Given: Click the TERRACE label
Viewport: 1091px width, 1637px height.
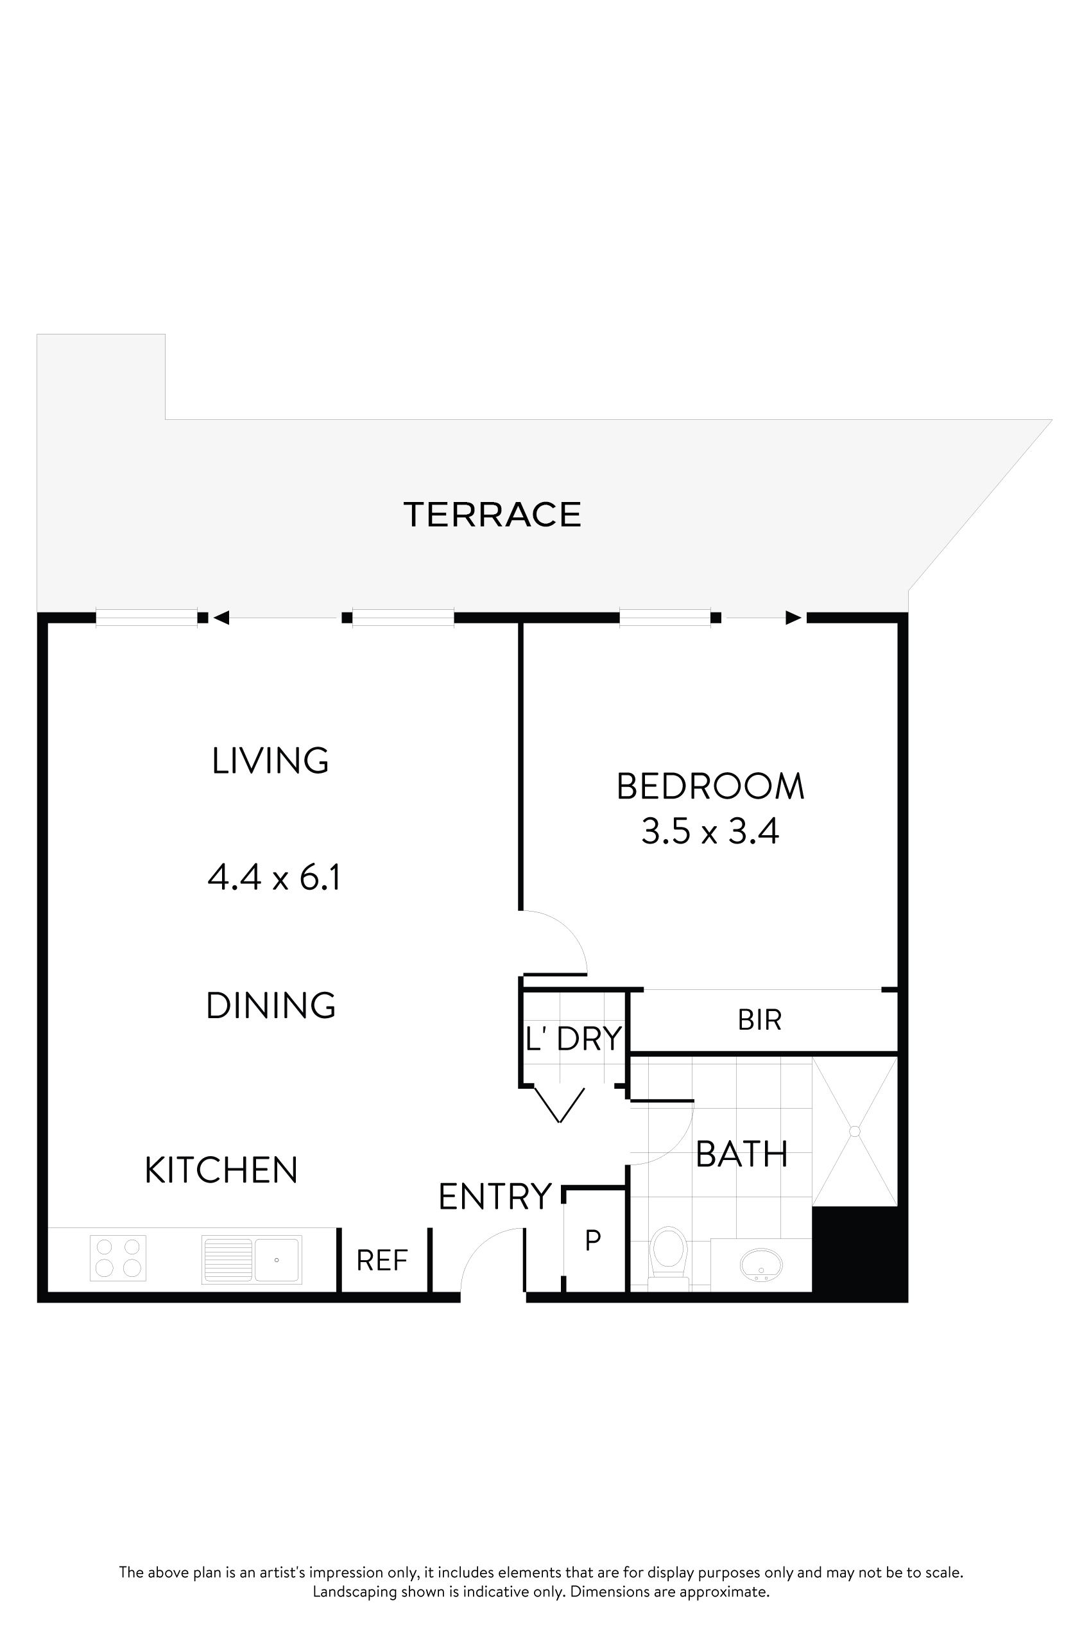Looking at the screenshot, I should (492, 515).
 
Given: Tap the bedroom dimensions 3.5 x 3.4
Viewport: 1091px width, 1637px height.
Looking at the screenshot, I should (710, 831).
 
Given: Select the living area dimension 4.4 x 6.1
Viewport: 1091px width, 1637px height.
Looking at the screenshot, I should (274, 877).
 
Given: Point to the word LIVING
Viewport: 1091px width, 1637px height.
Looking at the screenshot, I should (270, 761).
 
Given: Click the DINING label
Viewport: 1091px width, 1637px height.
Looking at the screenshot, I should (271, 1006).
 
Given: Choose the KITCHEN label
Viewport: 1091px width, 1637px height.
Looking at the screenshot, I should (221, 1170).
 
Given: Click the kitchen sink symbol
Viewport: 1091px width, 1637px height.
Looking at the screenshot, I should (252, 1259).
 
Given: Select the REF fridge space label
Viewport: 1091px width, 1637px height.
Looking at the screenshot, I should (382, 1260).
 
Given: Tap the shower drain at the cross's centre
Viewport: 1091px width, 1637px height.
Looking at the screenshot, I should (854, 1132).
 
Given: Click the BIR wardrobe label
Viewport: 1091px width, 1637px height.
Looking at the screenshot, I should (760, 1020).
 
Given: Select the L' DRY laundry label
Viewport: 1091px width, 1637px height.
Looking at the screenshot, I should (573, 1039).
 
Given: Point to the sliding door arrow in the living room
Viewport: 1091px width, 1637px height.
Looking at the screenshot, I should (222, 618).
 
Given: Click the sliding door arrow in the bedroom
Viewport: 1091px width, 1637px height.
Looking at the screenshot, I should (793, 618).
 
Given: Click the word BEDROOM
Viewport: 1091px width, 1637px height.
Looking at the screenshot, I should (710, 786).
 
